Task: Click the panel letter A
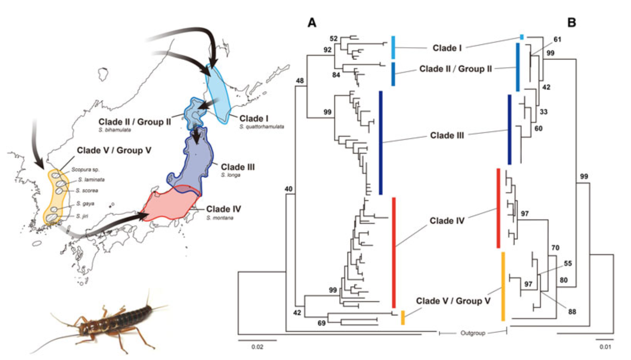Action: pos(311,23)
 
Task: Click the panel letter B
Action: pos(571,23)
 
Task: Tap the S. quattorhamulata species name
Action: pos(262,127)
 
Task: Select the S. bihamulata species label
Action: pos(115,130)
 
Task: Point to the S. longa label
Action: pos(230,175)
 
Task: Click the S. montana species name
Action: pos(220,218)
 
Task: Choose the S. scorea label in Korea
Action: pos(87,191)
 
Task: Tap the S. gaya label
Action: pos(85,204)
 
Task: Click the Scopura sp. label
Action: pos(85,170)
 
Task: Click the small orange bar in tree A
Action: pos(403,317)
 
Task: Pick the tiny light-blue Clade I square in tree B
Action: pos(522,37)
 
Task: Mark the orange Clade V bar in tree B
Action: pos(503,287)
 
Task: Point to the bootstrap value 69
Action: pos(321,324)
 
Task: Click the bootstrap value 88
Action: pos(572,312)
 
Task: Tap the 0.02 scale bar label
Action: pos(257,347)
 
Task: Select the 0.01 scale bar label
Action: pos(605,347)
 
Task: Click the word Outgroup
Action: pos(473,333)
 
